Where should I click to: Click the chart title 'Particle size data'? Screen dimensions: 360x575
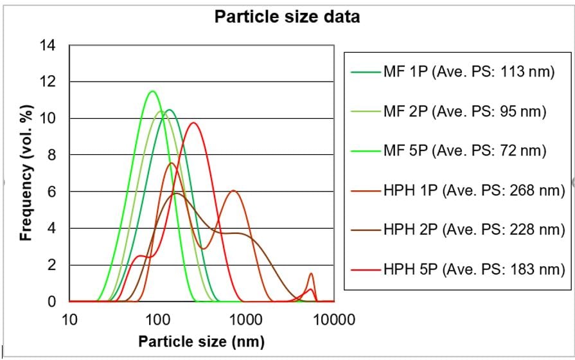pos(287,17)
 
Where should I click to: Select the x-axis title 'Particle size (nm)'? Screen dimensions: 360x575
pos(201,340)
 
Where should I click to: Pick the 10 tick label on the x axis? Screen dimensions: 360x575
pos(69,318)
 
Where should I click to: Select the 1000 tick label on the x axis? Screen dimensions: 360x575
pos(245,318)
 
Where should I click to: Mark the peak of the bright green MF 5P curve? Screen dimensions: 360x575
pos(152,91)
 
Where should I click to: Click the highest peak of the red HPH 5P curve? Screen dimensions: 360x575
pos(193,123)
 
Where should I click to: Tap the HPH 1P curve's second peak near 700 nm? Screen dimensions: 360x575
pos(234,190)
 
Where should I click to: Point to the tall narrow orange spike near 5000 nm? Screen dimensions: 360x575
pos(311,274)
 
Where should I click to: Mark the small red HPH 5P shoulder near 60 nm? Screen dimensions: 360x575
pos(141,256)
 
